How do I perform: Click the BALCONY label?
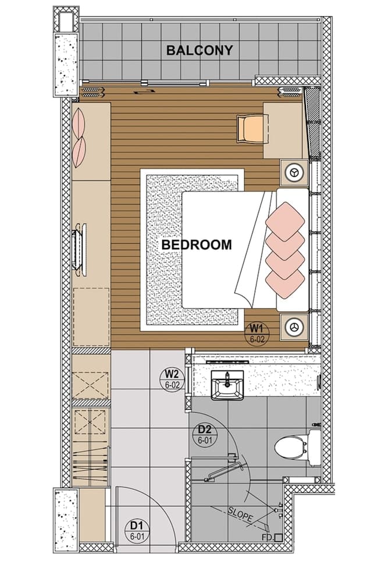(199, 50)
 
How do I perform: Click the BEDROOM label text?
(196, 245)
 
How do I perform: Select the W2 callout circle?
(171, 379)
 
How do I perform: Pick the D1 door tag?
(138, 531)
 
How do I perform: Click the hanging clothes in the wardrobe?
(91, 463)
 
